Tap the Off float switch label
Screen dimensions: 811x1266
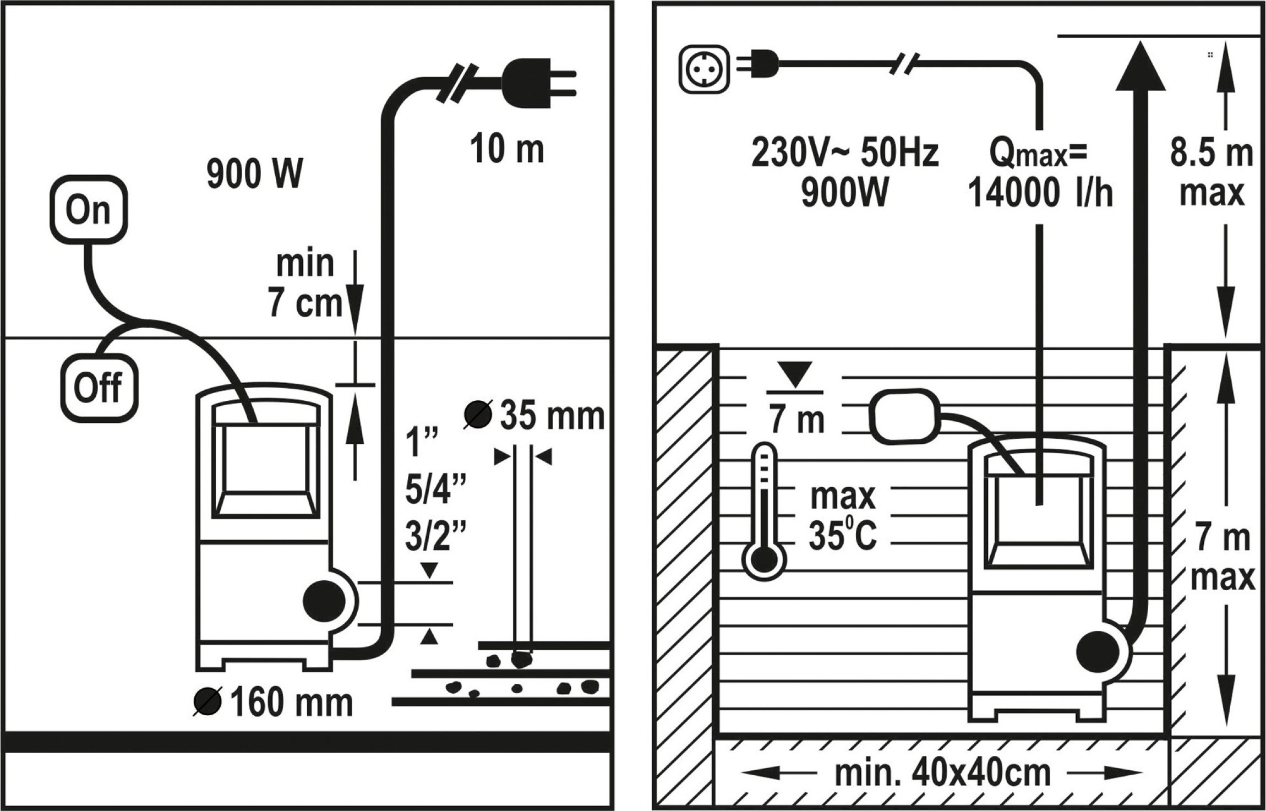98,388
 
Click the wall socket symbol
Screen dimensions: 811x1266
705,69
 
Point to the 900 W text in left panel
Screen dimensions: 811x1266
254,174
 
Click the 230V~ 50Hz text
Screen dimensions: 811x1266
845,154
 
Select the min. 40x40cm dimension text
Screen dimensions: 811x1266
942,774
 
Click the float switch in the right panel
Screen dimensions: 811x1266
905,416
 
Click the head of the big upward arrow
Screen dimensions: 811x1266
1141,69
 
